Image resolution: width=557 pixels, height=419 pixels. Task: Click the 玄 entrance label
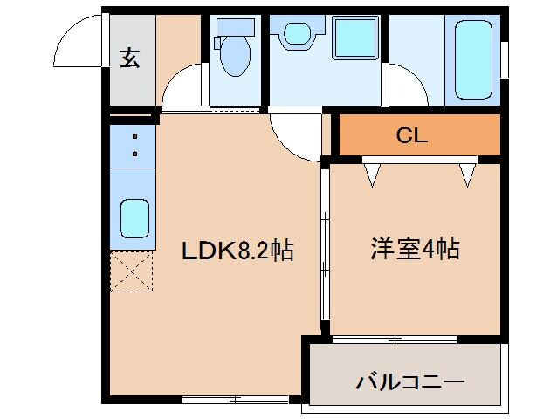130,58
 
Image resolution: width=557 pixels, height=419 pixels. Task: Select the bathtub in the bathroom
472,60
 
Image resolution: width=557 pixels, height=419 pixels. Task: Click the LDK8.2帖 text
237,251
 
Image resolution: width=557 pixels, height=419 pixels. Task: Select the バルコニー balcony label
409,381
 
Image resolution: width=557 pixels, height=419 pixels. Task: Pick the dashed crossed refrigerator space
133,271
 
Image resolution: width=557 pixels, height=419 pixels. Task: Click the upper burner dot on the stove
135,137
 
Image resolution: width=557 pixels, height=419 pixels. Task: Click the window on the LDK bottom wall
235,399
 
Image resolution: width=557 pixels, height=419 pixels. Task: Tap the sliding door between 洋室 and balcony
394,338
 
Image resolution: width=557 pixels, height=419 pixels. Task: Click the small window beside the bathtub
505,58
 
